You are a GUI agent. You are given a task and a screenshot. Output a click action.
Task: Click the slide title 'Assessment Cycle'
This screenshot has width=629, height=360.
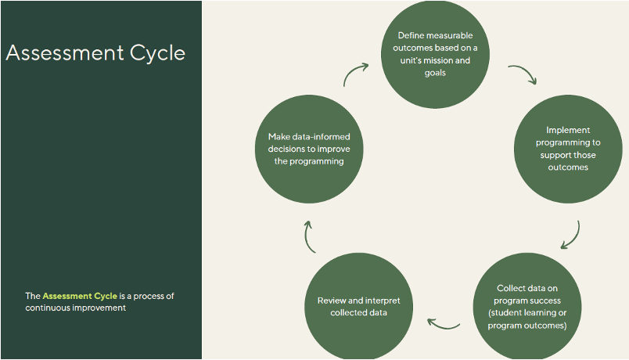click(95, 53)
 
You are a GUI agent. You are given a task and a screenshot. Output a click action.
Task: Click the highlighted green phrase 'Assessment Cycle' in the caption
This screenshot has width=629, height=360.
click(80, 296)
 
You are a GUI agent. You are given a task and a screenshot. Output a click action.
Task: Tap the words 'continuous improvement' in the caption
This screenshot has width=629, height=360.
click(76, 308)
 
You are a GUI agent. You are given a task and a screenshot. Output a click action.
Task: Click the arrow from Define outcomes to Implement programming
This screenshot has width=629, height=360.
click(522, 75)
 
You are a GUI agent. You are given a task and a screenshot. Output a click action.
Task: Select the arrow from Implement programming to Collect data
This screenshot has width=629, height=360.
click(573, 235)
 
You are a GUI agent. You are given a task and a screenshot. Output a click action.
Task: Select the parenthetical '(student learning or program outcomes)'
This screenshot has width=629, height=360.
click(527, 319)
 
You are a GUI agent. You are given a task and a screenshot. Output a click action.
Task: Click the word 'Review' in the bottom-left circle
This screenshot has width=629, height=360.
click(332, 301)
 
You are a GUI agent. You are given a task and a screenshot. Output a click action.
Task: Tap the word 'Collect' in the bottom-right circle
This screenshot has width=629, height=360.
click(511, 288)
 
